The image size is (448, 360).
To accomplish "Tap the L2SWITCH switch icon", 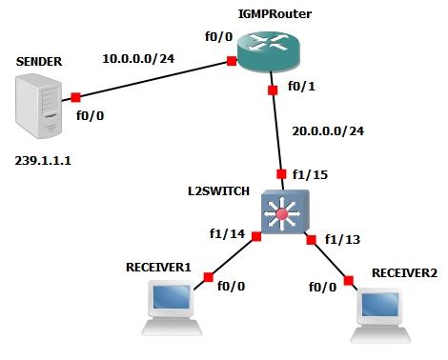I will pyautogui.click(x=281, y=215).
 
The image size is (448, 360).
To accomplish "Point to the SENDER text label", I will pyautogui.click(x=39, y=61).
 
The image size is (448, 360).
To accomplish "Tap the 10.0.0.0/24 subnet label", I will pyautogui.click(x=139, y=58).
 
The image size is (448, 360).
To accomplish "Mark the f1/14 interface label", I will pyautogui.click(x=226, y=231).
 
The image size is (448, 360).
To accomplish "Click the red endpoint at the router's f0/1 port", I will pyautogui.click(x=273, y=90).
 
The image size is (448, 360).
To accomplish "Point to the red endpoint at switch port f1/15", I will pyautogui.click(x=281, y=174).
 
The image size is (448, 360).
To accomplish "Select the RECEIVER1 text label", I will pyautogui.click(x=159, y=266).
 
